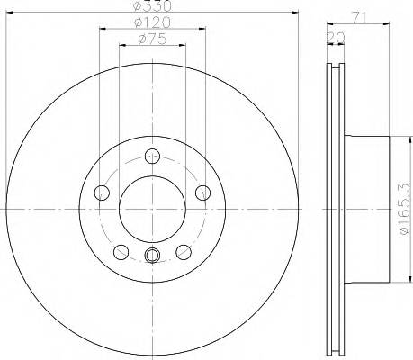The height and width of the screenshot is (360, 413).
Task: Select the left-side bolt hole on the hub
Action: (100, 191)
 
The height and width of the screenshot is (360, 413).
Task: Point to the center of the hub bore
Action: (151, 208)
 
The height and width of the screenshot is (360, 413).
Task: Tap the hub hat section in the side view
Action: (369, 209)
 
